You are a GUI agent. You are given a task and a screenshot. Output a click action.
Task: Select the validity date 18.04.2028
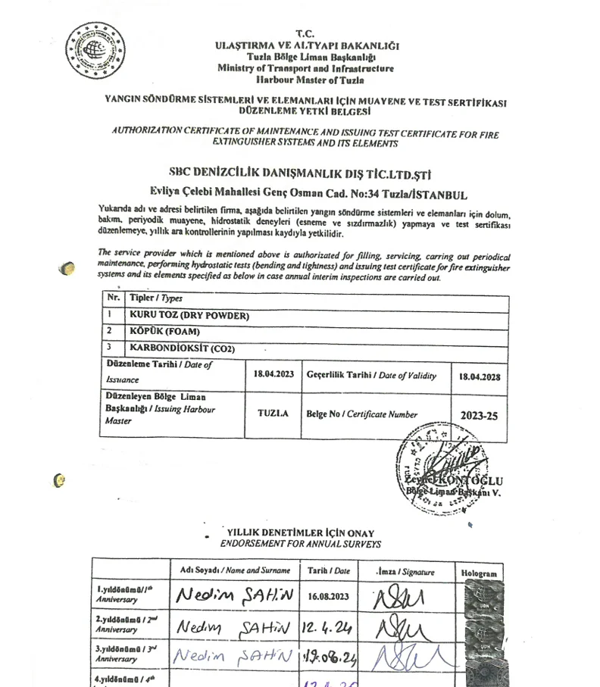point(480,376)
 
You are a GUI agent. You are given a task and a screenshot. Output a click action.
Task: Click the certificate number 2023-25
point(480,415)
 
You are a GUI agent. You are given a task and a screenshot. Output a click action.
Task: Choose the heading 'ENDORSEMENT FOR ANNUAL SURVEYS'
point(300,544)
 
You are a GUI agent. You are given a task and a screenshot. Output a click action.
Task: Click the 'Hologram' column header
point(479,573)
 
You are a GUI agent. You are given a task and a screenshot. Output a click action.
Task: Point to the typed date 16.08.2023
point(329,596)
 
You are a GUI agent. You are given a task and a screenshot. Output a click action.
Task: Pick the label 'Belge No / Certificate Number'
point(361,414)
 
